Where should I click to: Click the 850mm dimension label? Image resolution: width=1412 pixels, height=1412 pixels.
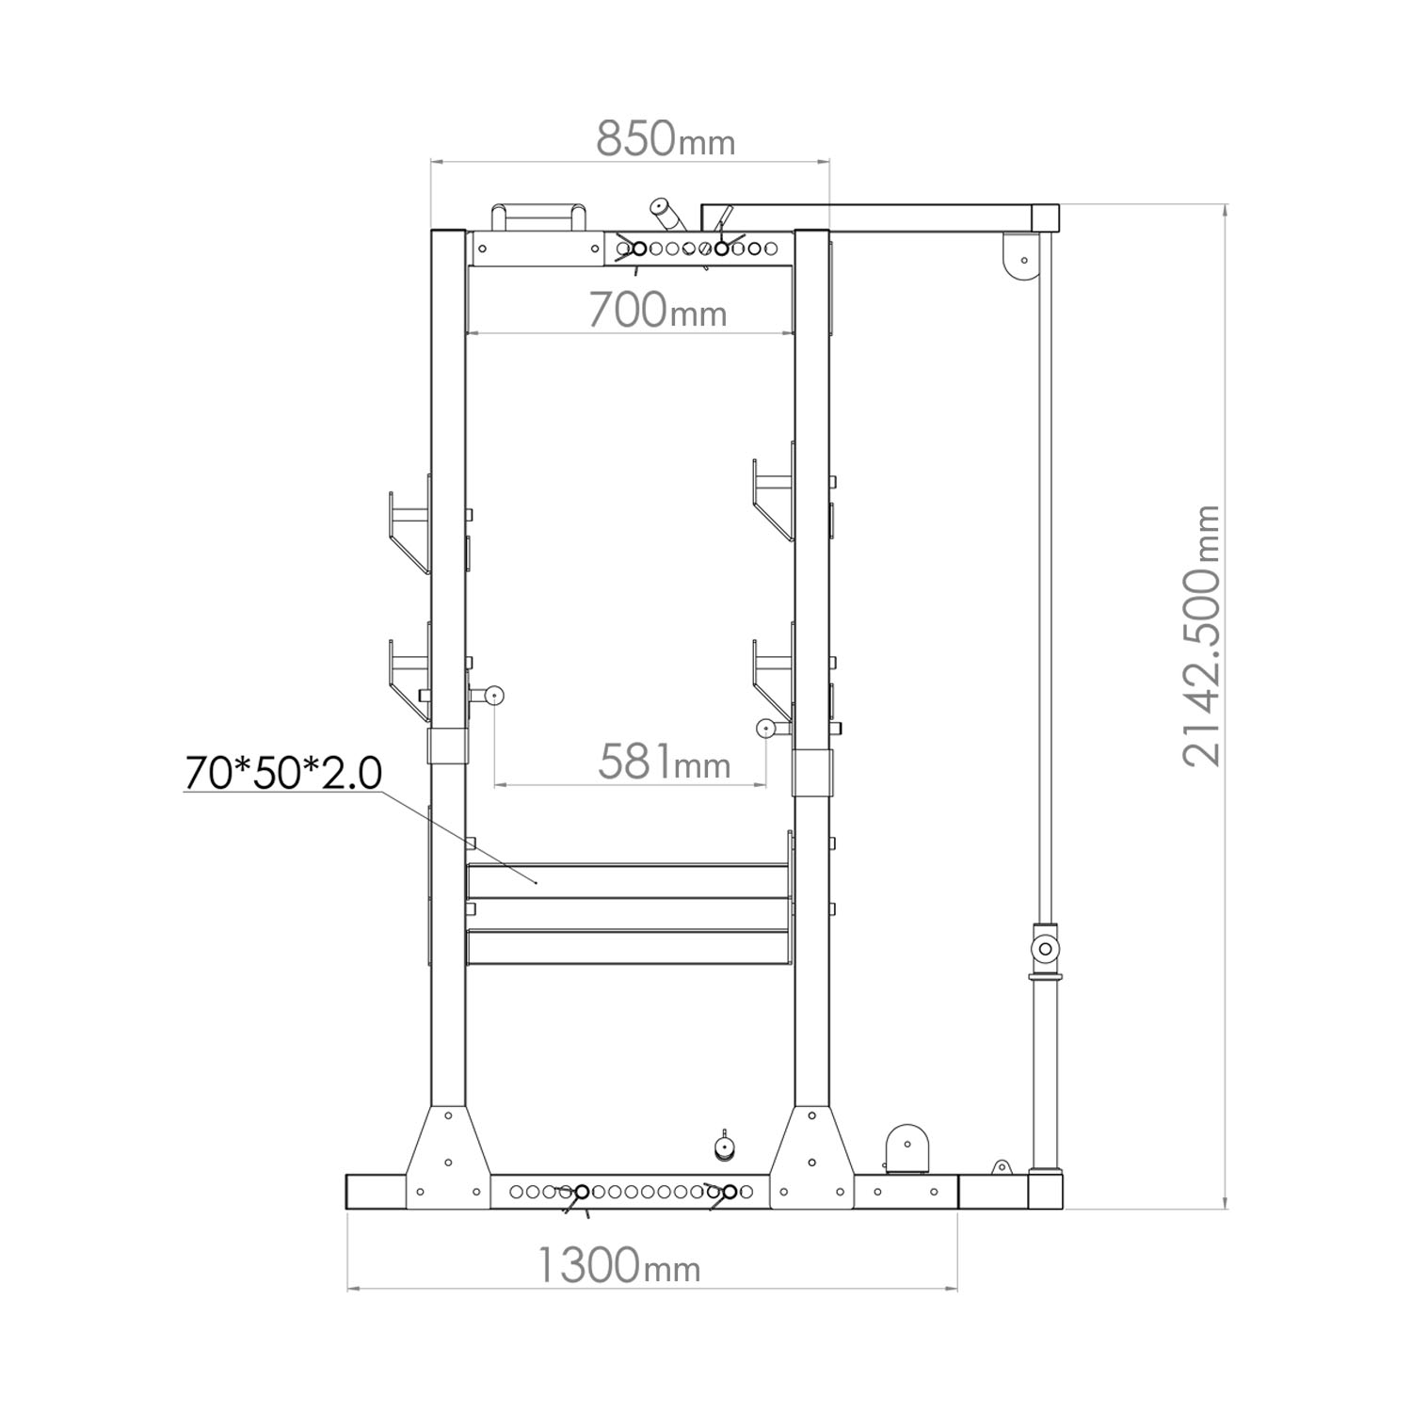pos(666,139)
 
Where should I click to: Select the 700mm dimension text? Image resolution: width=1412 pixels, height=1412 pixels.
pos(657,310)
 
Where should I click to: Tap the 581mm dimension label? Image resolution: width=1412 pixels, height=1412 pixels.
pos(665,762)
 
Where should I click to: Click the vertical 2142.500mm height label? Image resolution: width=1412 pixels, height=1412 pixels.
pos(1201,635)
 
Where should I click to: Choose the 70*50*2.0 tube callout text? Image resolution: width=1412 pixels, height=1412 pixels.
pos(283,773)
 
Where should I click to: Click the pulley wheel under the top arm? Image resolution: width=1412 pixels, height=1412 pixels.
pos(1019,255)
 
